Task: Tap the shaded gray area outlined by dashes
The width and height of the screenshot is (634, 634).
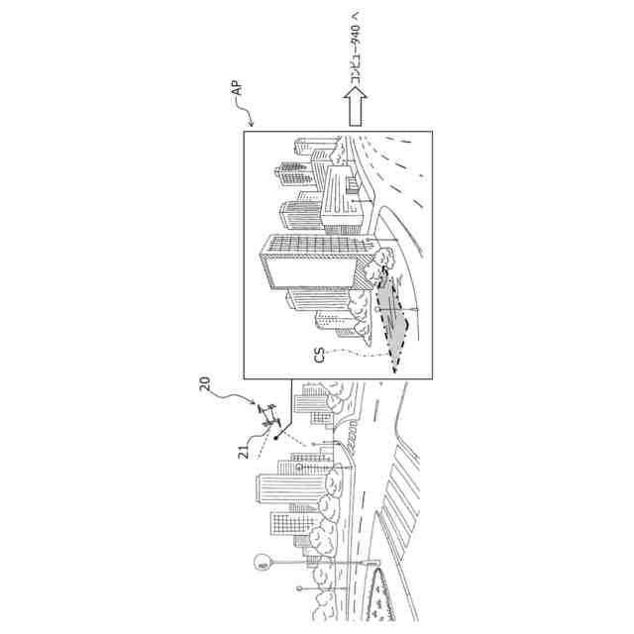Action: click(x=392, y=315)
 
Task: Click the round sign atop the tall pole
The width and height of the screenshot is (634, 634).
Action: click(x=263, y=564)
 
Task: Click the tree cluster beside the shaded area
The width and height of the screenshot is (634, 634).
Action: click(x=381, y=260)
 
